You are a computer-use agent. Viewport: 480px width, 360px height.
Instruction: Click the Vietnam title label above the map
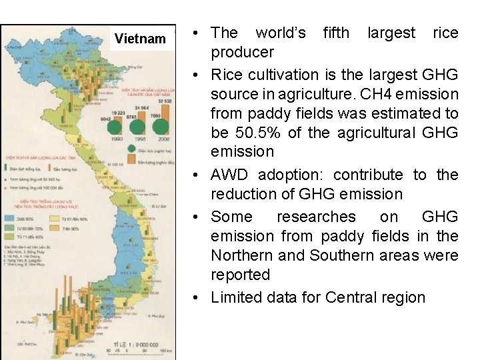[x=140, y=39]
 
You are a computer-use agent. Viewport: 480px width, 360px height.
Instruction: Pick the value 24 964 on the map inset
[x=141, y=108]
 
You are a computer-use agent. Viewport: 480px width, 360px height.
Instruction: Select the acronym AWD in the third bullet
[x=231, y=175]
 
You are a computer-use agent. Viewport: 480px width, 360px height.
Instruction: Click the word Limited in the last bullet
[x=235, y=297]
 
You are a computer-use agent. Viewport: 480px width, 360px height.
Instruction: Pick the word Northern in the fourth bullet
[x=240, y=255]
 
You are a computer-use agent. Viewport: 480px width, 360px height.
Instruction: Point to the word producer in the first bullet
[x=242, y=52]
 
